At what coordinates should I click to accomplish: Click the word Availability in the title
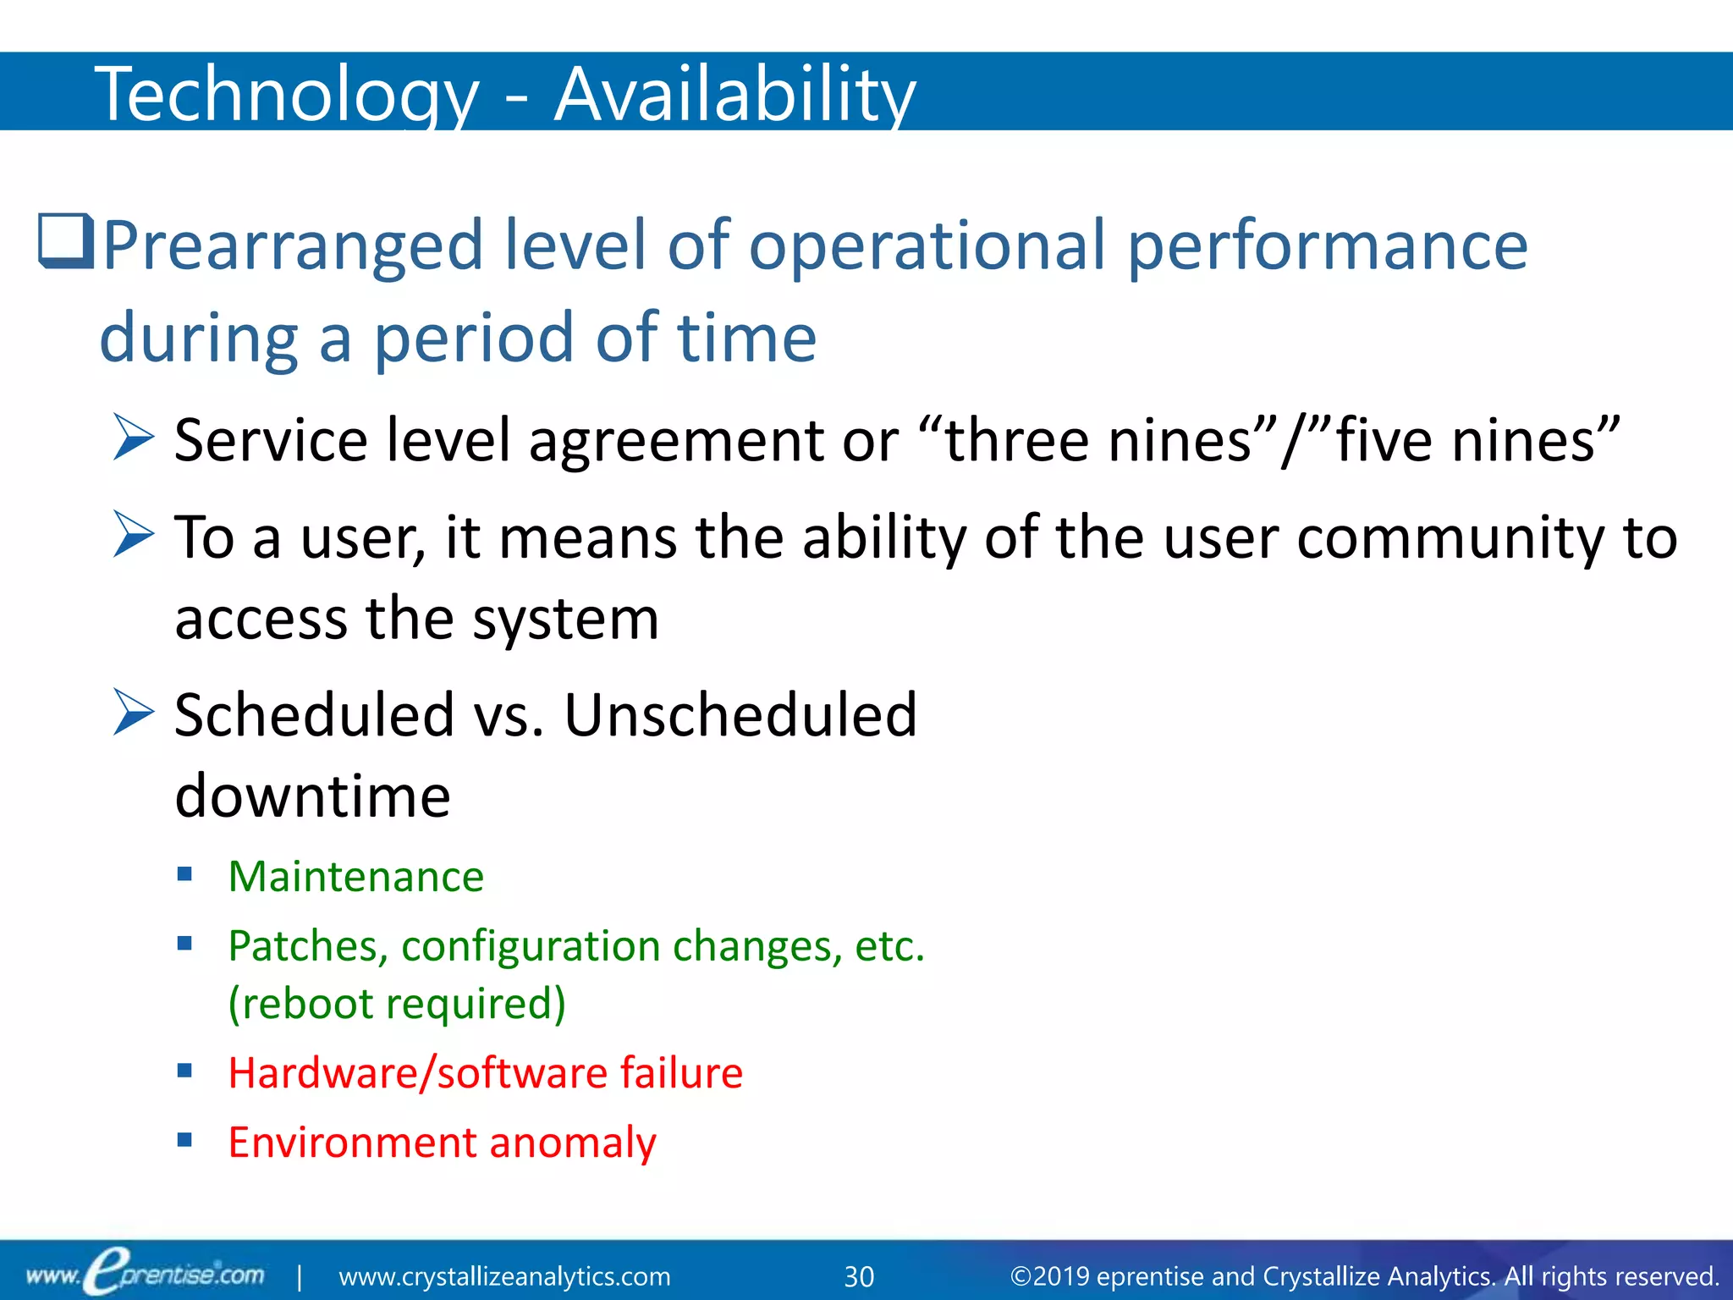(734, 95)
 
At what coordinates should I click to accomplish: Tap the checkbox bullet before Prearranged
(65, 242)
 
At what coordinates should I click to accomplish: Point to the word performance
(1328, 245)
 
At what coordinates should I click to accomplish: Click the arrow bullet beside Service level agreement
(134, 438)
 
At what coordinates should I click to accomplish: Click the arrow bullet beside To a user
(134, 536)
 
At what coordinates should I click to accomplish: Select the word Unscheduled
(740, 715)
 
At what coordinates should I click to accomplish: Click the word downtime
(312, 796)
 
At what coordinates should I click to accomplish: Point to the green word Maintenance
(355, 877)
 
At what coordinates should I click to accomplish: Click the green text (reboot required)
(397, 1004)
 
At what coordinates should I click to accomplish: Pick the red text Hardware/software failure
(485, 1073)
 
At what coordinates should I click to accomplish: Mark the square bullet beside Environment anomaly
(185, 1140)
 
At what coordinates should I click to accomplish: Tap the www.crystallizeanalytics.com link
(504, 1276)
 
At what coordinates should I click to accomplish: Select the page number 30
(859, 1276)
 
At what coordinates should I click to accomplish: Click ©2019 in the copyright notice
(1049, 1276)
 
